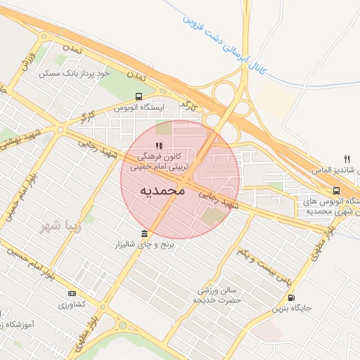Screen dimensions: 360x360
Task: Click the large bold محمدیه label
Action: pyautogui.click(x=162, y=191)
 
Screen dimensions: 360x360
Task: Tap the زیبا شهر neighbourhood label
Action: pyautogui.click(x=56, y=227)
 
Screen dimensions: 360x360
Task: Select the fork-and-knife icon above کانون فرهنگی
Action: pyautogui.click(x=148, y=146)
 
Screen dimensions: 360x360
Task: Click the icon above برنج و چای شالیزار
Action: pyautogui.click(x=145, y=233)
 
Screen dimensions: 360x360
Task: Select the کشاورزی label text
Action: pyautogui.click(x=72, y=304)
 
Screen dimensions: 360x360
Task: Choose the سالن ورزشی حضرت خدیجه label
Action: pyautogui.click(x=218, y=295)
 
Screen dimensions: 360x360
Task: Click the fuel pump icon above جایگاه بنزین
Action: pyautogui.click(x=291, y=297)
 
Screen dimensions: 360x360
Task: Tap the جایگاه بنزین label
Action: pyautogui.click(x=290, y=309)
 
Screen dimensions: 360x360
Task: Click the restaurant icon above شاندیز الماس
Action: pyautogui.click(x=347, y=159)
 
